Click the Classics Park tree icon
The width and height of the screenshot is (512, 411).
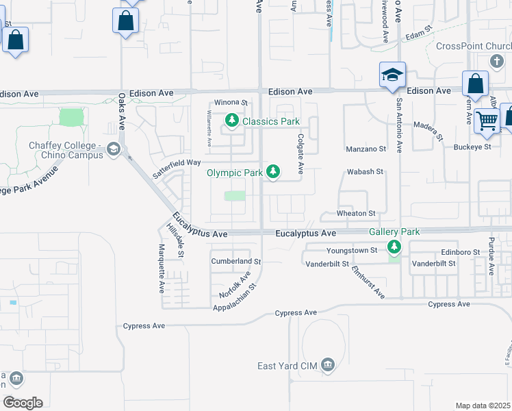pyautogui.click(x=232, y=121)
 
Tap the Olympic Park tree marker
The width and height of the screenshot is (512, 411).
pyautogui.click(x=273, y=171)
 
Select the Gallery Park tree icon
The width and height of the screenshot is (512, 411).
pyautogui.click(x=394, y=246)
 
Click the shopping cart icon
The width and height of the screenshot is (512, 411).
pyautogui.click(x=487, y=121)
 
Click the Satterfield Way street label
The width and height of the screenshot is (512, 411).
pyautogui.click(x=176, y=168)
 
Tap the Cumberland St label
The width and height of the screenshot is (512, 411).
pyautogui.click(x=236, y=262)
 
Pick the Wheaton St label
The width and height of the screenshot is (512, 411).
pyautogui.click(x=356, y=214)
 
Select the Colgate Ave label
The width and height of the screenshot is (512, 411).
pyautogui.click(x=300, y=153)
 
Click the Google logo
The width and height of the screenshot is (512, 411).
pyautogui.click(x=23, y=403)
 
